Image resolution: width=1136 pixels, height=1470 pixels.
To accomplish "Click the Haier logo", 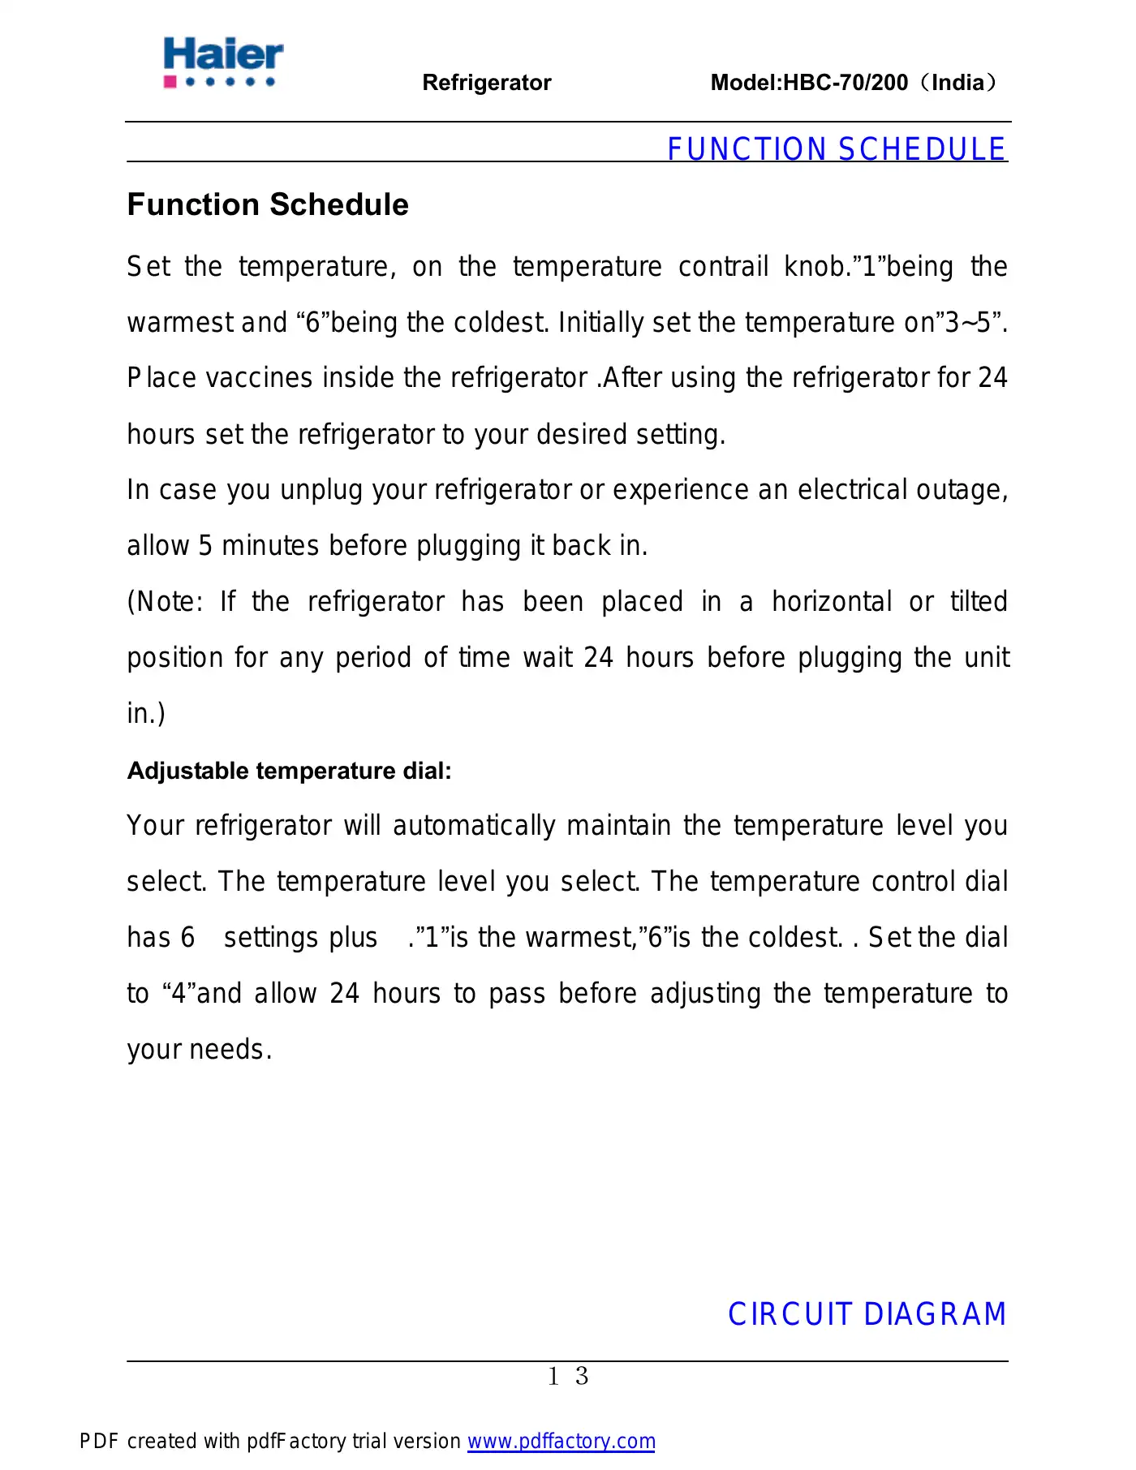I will (223, 62).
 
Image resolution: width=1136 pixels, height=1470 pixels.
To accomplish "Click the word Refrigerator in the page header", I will (487, 83).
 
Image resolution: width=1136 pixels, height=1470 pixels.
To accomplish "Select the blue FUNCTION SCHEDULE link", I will (836, 149).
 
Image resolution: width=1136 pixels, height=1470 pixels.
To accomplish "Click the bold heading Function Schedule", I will (268, 204).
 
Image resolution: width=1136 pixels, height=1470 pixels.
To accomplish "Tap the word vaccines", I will (259, 378).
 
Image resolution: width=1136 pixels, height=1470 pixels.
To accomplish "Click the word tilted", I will (979, 602).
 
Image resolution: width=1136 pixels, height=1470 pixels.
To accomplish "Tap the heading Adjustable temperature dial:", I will (289, 771).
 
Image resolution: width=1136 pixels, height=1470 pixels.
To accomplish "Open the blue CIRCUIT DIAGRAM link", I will (867, 1314).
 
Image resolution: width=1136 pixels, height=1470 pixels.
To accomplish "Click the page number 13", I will (568, 1377).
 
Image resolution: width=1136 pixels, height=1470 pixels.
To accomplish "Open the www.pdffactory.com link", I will (561, 1442).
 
